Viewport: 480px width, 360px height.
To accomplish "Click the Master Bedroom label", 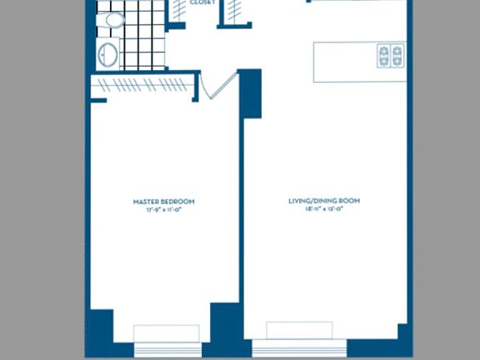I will click(164, 201).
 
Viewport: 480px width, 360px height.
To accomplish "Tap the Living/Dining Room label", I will click(324, 201).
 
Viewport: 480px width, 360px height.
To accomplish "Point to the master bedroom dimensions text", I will click(164, 209).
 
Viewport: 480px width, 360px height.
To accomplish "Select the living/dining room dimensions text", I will click(324, 209).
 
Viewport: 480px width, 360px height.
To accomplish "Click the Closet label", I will click(202, 3).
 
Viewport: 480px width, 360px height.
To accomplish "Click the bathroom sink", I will click(108, 55).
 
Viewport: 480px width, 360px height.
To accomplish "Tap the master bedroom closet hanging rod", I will click(142, 85).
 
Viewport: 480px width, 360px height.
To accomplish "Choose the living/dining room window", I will click(299, 341).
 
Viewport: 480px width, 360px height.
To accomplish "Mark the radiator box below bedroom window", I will click(167, 332).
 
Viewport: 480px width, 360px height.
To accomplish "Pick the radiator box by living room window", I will click(299, 329).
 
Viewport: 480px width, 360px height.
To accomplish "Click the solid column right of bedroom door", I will click(250, 92).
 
